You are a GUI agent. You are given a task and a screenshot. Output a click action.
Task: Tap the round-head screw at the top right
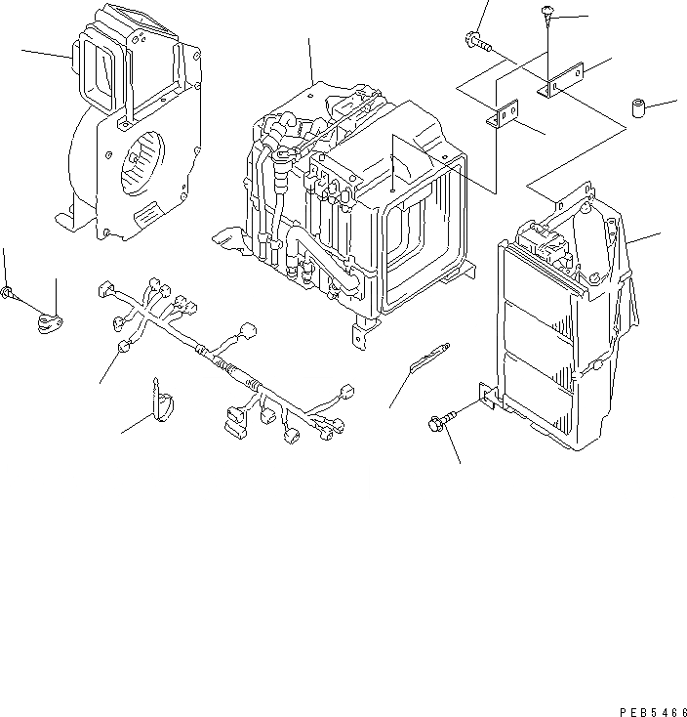coord(546,13)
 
